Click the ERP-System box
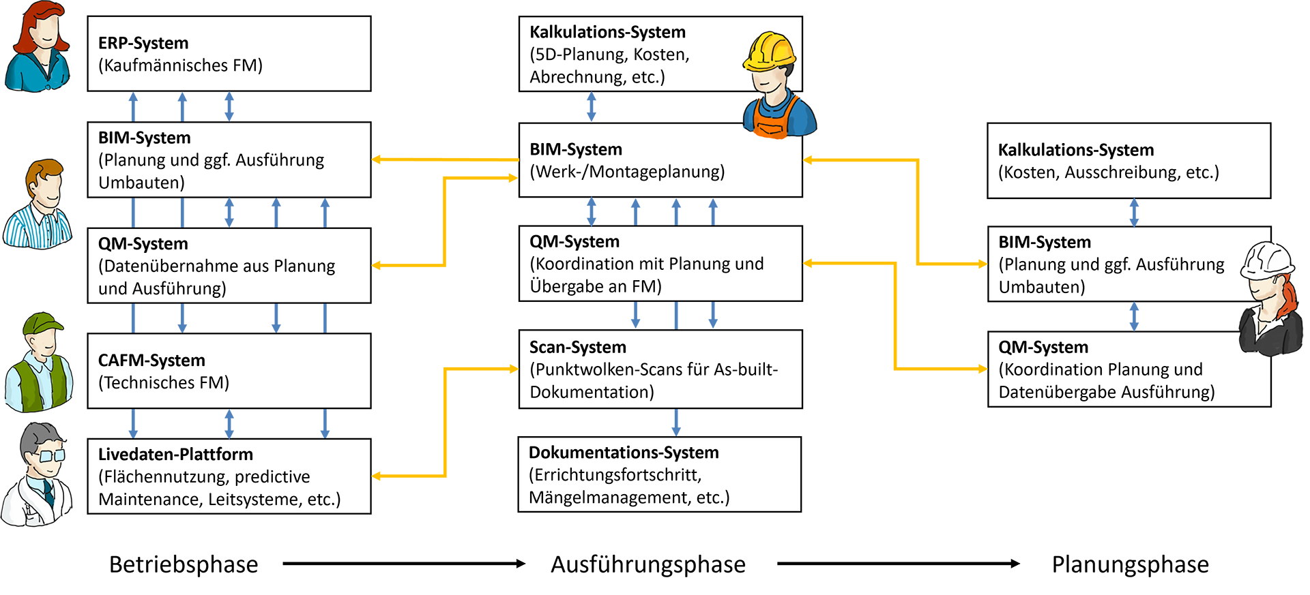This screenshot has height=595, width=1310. pos(229,54)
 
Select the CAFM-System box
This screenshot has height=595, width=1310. pos(229,371)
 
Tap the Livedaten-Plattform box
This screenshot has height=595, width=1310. pos(229,476)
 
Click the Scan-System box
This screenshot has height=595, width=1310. pos(660,369)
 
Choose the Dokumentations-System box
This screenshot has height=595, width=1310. pos(659,474)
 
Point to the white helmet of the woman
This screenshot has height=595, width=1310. pos(1268,260)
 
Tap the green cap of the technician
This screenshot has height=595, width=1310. pos(42,324)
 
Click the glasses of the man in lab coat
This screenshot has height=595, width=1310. pos(50,455)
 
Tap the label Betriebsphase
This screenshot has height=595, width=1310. pos(184,564)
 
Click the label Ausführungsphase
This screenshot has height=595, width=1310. pos(647,564)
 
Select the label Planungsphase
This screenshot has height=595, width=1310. pos(1130,564)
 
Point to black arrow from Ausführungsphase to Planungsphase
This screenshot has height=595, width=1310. pos(898,564)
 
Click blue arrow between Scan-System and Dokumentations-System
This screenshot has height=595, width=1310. pos(675,423)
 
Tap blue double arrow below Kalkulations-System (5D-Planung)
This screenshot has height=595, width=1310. pos(591,107)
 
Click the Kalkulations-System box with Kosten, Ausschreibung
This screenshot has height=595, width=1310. pos(1129,161)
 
